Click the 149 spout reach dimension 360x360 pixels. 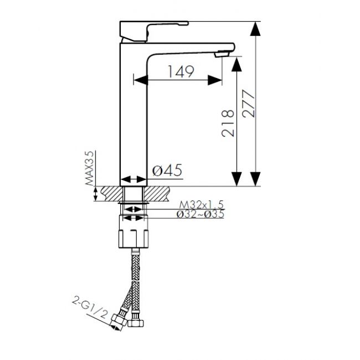[x=181, y=71]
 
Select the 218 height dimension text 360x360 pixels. [x=228, y=124]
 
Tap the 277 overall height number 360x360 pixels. [x=249, y=104]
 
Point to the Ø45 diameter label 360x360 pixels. [x=167, y=170]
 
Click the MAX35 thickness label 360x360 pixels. [x=90, y=168]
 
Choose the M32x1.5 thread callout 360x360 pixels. [x=202, y=204]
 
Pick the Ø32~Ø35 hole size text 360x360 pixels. [x=200, y=214]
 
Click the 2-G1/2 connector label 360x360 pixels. [x=90, y=307]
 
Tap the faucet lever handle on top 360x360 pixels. [x=154, y=31]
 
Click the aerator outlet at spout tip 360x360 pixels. [x=222, y=54]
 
